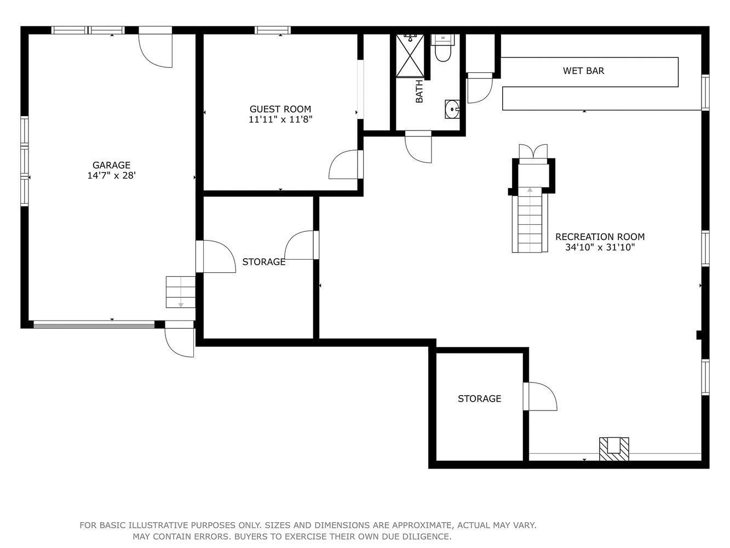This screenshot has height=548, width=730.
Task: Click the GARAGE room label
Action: (111, 165)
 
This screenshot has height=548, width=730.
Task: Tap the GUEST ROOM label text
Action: (280, 109)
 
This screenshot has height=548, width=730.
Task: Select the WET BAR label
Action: (583, 71)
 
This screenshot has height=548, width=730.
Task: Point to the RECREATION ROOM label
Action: (600, 237)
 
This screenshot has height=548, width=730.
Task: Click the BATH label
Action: (419, 91)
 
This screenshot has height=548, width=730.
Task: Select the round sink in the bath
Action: (452, 109)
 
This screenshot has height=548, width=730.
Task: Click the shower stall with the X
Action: (410, 55)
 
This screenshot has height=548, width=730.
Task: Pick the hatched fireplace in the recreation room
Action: (614, 449)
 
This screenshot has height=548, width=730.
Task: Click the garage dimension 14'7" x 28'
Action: (111, 175)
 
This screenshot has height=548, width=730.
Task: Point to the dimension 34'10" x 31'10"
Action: (600, 247)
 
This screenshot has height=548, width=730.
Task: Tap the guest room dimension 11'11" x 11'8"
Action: (280, 119)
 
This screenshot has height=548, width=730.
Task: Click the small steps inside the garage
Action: (181, 292)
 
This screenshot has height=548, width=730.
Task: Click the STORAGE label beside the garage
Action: (264, 262)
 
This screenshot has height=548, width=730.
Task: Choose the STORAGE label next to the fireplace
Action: (479, 398)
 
